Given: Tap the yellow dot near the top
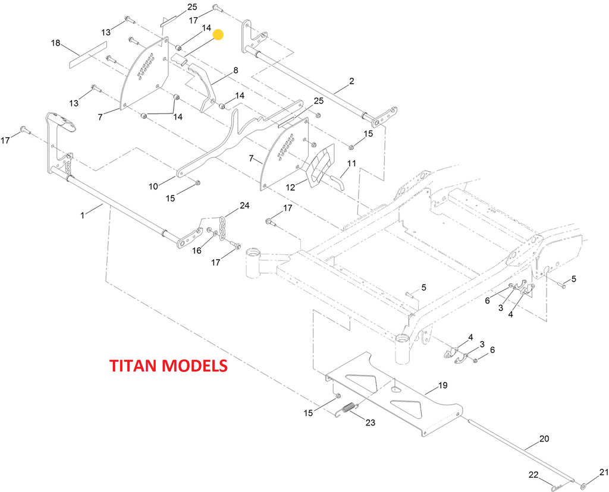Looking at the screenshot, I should (218, 34).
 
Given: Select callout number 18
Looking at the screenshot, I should (55, 43).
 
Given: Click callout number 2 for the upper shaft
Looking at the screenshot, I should (351, 81).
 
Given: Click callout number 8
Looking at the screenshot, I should (236, 70).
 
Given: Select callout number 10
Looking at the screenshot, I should (153, 186).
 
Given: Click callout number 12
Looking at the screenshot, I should (291, 187).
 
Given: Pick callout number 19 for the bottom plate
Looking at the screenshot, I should (442, 386).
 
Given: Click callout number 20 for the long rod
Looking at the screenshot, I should (544, 439).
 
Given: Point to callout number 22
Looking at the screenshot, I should (533, 475).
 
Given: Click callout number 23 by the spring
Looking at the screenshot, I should (370, 423).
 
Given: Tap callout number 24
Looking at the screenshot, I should (244, 206).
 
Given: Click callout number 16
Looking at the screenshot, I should (197, 251).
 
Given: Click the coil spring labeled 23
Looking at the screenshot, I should (347, 409).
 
